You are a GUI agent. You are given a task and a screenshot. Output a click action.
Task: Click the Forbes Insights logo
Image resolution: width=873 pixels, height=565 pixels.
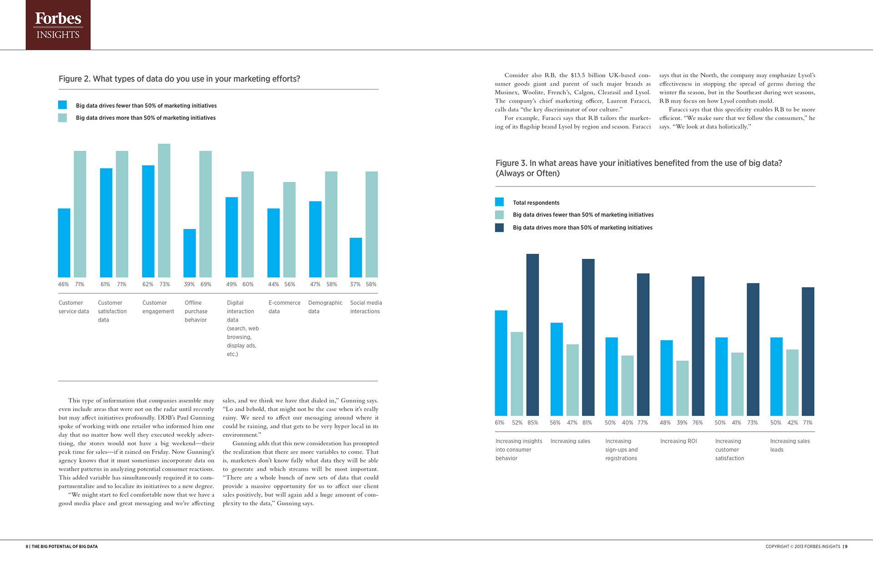pos(58,25)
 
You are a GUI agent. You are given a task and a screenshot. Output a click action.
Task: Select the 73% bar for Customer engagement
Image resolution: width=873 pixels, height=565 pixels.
pos(164,211)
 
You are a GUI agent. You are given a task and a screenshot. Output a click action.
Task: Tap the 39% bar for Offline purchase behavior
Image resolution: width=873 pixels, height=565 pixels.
pos(190,253)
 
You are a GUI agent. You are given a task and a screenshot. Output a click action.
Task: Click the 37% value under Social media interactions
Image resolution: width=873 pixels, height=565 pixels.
pos(355,284)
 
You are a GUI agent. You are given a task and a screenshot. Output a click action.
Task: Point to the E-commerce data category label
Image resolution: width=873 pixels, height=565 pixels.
pos(284,307)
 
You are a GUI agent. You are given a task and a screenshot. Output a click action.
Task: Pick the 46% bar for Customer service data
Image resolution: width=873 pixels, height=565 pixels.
pos(64,243)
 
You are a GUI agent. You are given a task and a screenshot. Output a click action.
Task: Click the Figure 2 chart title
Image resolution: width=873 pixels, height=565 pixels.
pos(179,79)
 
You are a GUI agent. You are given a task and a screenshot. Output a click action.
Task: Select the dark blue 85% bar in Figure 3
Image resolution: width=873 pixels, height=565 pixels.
pos(532,335)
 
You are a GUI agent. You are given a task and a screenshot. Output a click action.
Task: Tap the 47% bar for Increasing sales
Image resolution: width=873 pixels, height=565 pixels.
pos(572,380)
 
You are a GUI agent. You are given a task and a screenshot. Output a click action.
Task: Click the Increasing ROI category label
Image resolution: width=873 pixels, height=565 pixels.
pos(678,441)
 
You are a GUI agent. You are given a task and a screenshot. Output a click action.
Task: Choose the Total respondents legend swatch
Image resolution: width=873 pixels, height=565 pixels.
pos(499,202)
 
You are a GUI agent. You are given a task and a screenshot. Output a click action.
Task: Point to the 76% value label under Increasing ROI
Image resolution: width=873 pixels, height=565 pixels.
pos(697,423)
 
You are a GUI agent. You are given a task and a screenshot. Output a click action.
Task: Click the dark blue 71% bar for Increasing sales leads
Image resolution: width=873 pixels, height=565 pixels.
pos(808,351)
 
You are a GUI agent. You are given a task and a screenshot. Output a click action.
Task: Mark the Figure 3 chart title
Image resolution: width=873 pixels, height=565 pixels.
pos(638,168)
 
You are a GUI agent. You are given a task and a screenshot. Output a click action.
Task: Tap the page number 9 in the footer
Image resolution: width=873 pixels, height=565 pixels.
pos(846,547)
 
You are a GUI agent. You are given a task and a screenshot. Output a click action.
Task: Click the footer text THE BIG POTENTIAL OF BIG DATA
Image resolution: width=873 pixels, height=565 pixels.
pos(65,547)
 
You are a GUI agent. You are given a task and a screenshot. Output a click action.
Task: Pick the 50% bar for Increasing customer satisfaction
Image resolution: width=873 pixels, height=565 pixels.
pos(722,377)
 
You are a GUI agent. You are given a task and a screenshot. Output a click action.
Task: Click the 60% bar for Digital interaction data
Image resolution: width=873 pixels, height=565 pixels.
pos(247,224)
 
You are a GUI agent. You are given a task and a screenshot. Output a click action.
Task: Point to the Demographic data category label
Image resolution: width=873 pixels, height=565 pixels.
pos(325,307)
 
